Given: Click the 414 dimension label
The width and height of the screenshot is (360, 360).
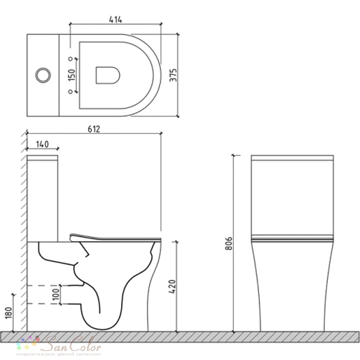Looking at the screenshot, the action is click(x=116, y=20).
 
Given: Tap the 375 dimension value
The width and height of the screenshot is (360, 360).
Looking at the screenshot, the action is click(x=173, y=75).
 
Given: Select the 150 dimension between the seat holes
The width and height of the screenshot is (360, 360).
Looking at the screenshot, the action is click(x=72, y=75).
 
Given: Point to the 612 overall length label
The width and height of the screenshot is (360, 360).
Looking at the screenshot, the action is click(x=94, y=129).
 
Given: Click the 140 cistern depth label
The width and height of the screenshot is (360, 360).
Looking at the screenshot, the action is click(x=42, y=144).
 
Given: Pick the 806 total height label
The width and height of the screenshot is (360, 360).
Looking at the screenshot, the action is click(x=229, y=243).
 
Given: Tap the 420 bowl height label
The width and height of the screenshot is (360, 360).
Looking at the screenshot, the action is click(x=172, y=287).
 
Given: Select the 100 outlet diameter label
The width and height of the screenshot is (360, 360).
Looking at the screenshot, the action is click(x=56, y=294).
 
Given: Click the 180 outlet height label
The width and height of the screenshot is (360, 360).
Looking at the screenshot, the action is click(x=8, y=313).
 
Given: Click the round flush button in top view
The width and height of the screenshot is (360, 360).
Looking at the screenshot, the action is click(x=43, y=75).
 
